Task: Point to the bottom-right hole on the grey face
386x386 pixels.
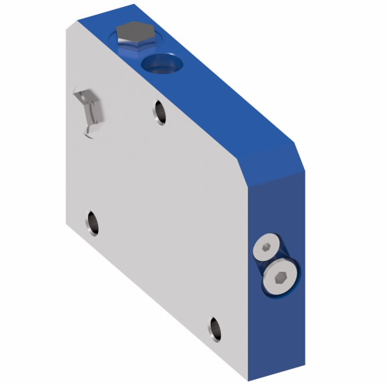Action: (215, 328)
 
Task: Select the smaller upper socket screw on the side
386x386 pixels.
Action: (265, 247)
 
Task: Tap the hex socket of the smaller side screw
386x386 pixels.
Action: (266, 247)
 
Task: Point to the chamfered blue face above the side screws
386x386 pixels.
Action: (274, 166)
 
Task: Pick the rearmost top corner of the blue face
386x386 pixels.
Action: (137, 6)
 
